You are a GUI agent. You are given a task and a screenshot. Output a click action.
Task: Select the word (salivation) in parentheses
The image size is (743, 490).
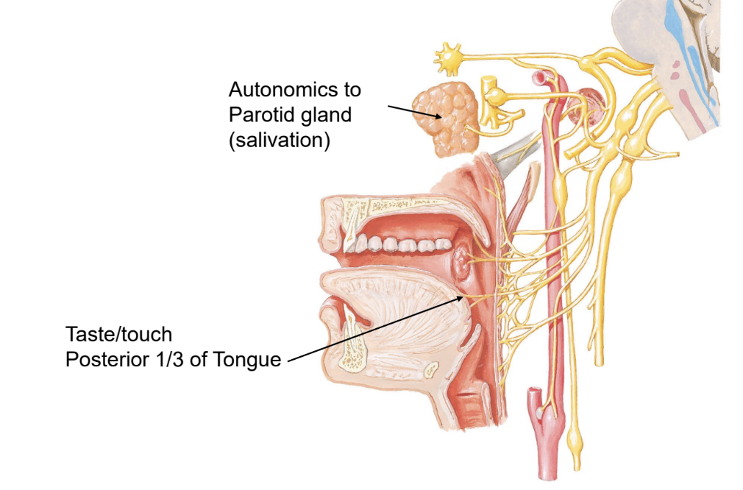[279, 140]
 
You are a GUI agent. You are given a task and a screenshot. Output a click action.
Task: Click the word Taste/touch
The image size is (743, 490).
[118, 335]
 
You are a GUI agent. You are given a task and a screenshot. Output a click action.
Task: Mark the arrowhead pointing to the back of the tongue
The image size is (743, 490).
[463, 297]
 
